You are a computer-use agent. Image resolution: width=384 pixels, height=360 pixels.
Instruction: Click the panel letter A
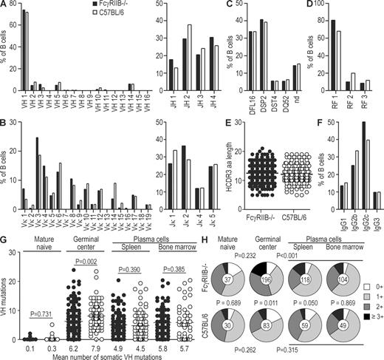[x=4, y=6]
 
